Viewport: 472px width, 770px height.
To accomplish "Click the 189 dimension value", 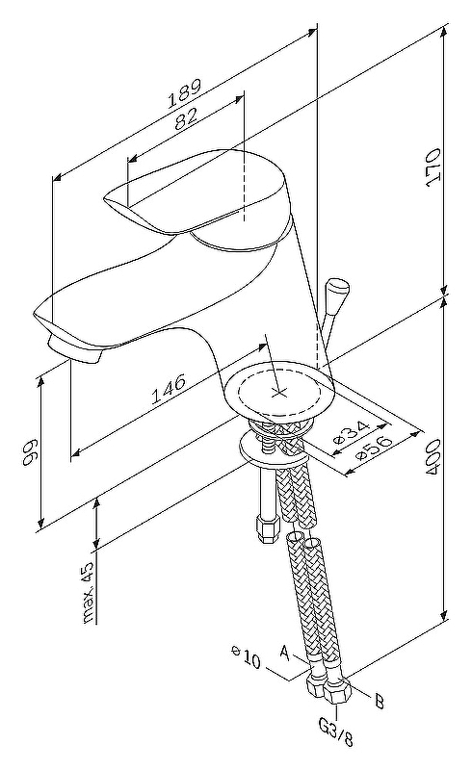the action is [x=184, y=92].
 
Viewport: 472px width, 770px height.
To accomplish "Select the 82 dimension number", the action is [x=186, y=118].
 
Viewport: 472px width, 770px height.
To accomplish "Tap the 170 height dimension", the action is [x=433, y=167].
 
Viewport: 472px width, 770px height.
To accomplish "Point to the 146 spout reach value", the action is [x=169, y=389].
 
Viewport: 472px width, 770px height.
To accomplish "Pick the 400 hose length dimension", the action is [x=433, y=457].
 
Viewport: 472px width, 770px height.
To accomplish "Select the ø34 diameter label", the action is [x=351, y=432].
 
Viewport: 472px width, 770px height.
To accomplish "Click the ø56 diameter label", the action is [x=374, y=447].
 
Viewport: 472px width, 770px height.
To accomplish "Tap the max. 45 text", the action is [x=88, y=592].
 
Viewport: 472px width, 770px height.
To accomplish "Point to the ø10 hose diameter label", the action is [x=246, y=657].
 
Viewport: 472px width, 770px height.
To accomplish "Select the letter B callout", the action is [x=380, y=702].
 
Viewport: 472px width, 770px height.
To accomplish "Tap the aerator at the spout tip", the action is [x=75, y=349].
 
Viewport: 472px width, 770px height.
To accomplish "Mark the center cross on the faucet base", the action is [x=279, y=392].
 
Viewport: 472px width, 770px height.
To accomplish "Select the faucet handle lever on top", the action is [x=195, y=191].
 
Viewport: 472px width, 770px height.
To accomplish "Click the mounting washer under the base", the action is [x=272, y=448].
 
